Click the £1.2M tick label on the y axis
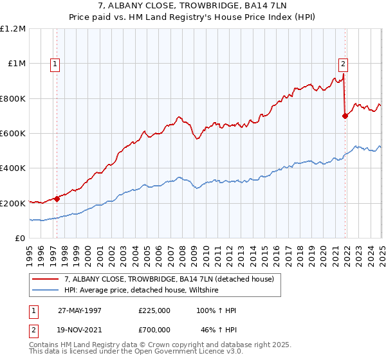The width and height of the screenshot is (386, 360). point(13,29)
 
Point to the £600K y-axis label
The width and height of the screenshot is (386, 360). point(13,134)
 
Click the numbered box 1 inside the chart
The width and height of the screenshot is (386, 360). point(55,64)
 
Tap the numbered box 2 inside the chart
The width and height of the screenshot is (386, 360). point(344,64)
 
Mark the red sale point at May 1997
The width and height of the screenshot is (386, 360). point(57,199)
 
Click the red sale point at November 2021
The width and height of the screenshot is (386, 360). point(345,116)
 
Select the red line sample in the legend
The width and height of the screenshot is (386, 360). point(46,279)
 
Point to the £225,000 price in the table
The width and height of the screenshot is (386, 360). point(154,310)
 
